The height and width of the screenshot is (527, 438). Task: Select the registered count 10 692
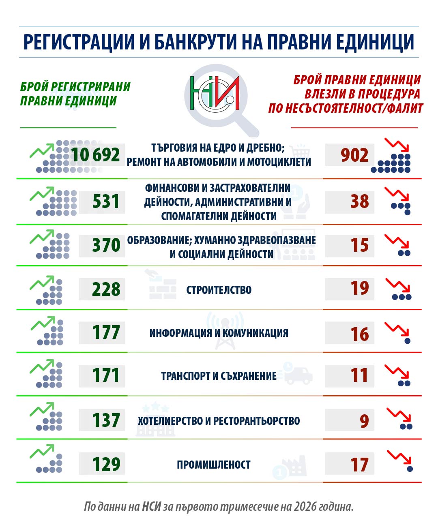96,155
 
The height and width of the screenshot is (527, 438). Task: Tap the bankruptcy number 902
354,155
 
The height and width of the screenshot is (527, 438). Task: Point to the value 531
106,201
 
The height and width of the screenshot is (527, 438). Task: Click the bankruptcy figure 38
360,201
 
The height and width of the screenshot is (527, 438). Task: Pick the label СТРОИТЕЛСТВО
219,290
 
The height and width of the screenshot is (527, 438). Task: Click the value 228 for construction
106,289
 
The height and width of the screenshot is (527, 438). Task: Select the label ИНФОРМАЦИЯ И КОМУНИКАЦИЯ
219,333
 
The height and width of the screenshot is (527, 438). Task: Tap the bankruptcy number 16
360,334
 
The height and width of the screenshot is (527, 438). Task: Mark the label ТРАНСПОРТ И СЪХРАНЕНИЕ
219,376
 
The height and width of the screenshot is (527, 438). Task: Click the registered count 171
105,375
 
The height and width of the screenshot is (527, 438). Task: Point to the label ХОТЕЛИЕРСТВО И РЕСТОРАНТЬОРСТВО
219,421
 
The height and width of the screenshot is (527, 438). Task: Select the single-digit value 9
364,421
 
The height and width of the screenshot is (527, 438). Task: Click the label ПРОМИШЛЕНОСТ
214,465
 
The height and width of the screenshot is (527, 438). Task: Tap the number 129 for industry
106,465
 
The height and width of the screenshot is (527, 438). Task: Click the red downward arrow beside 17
399,457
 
